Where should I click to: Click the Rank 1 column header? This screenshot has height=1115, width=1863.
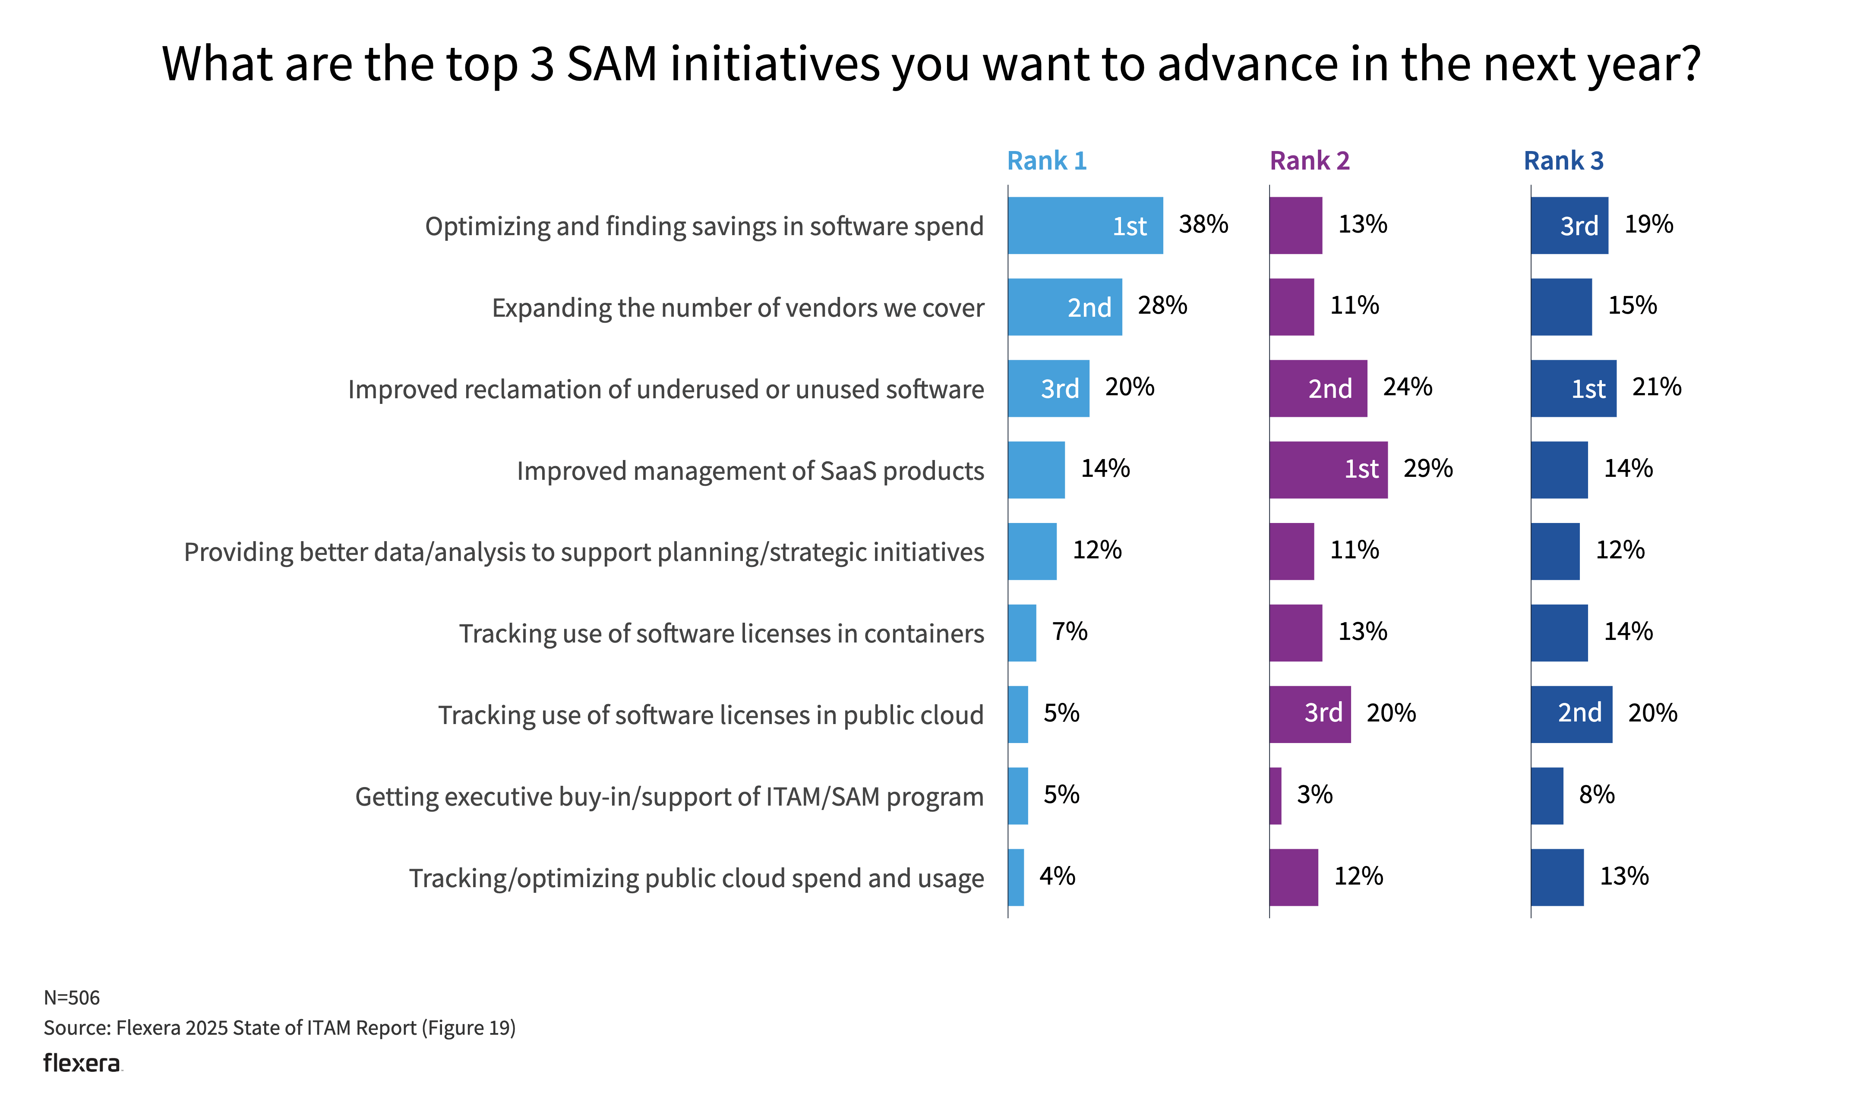point(1046,161)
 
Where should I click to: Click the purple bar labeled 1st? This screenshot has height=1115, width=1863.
point(1328,469)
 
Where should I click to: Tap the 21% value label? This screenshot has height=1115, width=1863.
point(1656,387)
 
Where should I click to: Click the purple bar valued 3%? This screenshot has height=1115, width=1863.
point(1276,796)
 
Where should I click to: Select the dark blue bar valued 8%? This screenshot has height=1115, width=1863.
point(1547,796)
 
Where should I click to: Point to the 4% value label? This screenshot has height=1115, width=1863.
point(1057,876)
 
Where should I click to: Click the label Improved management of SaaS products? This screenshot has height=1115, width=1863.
point(750,471)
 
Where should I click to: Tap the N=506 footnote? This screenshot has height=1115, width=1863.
point(71,998)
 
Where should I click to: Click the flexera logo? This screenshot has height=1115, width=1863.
point(81,1063)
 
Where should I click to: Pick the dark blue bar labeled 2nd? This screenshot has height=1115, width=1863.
point(1571,714)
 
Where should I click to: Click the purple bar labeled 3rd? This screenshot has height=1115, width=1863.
point(1309,714)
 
